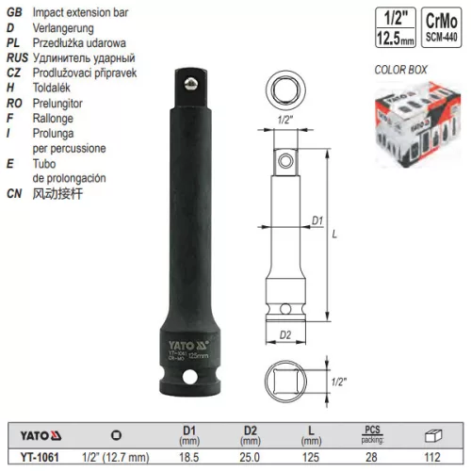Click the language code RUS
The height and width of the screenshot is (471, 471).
click(20, 57)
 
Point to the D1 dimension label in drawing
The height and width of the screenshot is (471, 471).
click(317, 220)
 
